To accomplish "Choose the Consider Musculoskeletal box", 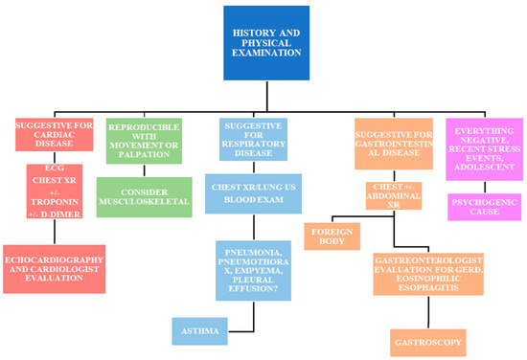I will (146, 195).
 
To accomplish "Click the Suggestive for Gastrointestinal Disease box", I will (393, 144).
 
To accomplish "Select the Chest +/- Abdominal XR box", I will (393, 196).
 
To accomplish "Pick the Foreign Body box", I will (328, 236).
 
